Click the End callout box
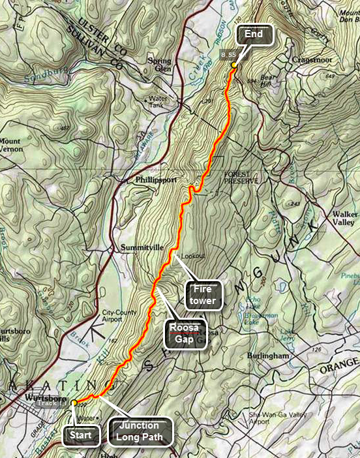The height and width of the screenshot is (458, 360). (255, 35)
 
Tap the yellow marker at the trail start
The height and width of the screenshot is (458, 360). (74, 403)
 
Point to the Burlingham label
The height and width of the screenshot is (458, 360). (267, 356)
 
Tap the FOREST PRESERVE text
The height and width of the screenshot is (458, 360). (241, 177)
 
